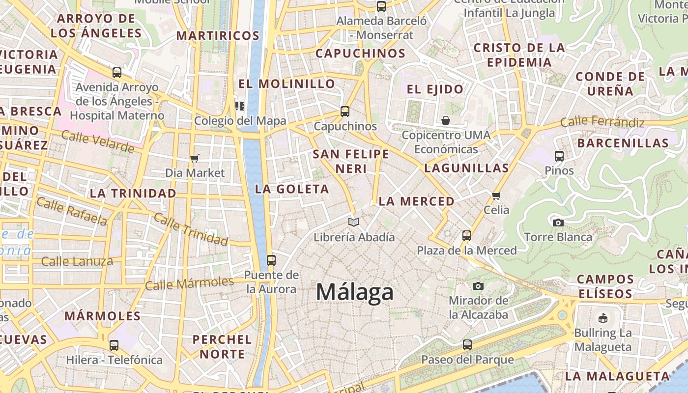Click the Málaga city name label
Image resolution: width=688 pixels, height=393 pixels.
click(354, 292)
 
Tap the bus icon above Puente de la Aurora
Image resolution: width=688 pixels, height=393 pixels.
click(271, 260)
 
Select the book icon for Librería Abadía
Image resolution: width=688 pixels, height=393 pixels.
click(354, 223)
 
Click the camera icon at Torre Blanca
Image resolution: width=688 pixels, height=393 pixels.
click(558, 223)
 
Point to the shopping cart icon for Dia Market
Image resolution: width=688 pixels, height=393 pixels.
click(195, 158)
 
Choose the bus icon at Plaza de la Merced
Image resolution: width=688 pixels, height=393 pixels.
click(467, 236)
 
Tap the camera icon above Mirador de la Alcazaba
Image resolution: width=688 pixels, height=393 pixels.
click(478, 286)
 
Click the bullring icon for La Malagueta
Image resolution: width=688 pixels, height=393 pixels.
click(602, 318)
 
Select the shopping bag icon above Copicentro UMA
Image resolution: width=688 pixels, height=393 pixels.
click(446, 120)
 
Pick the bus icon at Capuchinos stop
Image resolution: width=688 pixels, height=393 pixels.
click(345, 112)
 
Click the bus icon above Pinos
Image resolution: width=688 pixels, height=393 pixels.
click(559, 156)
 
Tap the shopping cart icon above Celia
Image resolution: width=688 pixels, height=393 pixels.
click(496, 196)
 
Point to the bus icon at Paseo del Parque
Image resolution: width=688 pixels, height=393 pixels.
click(467, 345)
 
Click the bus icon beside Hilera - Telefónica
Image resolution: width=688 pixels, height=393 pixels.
click(114, 345)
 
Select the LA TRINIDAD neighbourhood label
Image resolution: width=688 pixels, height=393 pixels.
click(133, 193)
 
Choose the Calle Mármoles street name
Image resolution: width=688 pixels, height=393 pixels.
click(189, 283)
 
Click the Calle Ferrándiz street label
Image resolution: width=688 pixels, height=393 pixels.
click(602, 121)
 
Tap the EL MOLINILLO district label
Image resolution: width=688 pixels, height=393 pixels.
click(287, 84)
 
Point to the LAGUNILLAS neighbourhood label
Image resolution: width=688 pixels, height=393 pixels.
click(466, 168)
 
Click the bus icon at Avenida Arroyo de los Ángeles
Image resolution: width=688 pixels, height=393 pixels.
click(117, 73)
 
